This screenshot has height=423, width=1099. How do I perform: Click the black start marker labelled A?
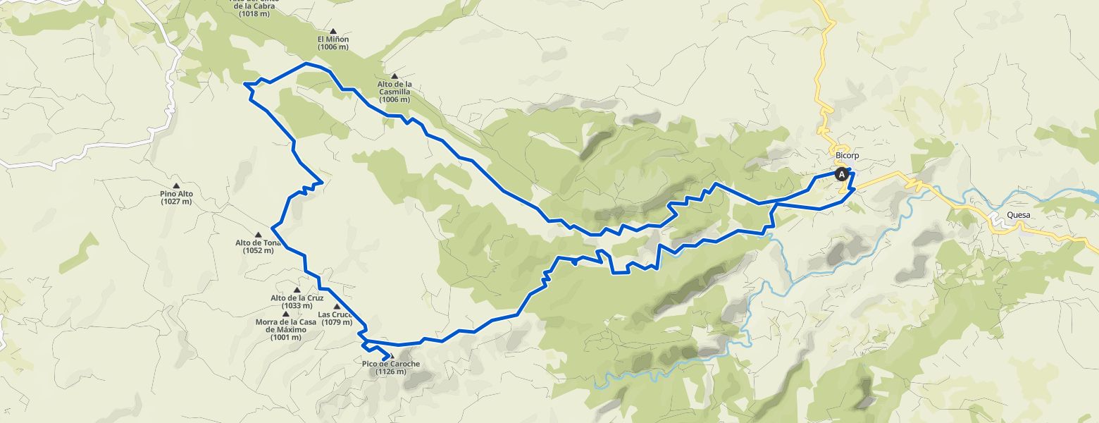click(x=841, y=173)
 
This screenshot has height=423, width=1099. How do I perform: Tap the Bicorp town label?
click(x=847, y=156)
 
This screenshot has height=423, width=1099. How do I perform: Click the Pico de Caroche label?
click(x=391, y=364)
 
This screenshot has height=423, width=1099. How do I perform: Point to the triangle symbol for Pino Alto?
click(x=176, y=185)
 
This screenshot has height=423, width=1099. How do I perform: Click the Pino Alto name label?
click(x=176, y=194)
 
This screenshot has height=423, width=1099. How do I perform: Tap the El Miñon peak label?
click(x=333, y=39)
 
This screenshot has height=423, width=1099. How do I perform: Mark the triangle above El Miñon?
click(x=333, y=30)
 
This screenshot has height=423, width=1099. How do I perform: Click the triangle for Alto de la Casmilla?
click(x=394, y=76)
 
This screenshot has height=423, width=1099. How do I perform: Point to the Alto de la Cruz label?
click(x=297, y=298)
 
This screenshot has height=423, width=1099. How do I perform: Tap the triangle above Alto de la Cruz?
click(x=297, y=289)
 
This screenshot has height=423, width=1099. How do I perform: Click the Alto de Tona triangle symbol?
click(x=258, y=235)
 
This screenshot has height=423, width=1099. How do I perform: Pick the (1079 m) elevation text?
click(x=336, y=323)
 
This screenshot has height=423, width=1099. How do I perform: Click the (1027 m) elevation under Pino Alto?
click(x=176, y=202)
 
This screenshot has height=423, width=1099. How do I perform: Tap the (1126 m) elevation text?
click(x=391, y=372)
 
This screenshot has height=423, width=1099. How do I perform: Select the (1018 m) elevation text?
click(x=254, y=13)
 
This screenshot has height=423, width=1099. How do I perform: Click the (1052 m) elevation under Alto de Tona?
click(x=258, y=250)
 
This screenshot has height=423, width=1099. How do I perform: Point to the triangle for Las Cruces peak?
click(x=337, y=306)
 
